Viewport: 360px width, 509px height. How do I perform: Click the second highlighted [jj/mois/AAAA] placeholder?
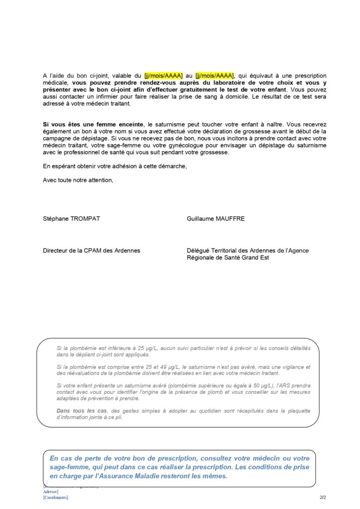click(214, 76)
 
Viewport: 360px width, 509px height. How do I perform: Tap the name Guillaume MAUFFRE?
click(216, 219)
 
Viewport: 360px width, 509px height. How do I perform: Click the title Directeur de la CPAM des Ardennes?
click(91, 251)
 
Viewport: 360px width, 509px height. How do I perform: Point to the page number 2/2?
click(323, 497)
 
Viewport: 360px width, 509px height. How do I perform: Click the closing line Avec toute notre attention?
click(78, 180)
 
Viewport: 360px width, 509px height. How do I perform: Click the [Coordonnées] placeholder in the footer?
click(56, 497)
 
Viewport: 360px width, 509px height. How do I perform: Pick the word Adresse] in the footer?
click(51, 492)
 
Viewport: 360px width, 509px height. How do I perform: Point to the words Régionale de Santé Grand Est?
click(228, 257)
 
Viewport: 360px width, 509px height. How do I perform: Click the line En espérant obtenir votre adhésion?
click(115, 166)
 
